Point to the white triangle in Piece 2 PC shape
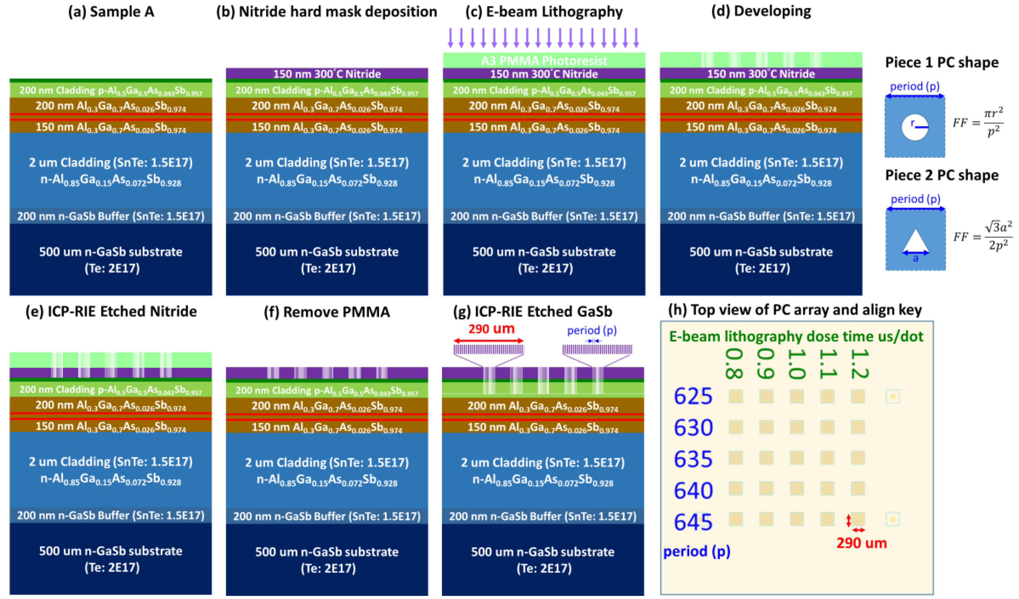coord(915,241)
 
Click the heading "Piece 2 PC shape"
coord(941,175)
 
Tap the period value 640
coord(693,490)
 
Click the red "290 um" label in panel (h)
coord(861,543)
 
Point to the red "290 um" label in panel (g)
coord(491,328)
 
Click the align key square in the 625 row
coord(892,396)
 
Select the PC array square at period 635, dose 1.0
coord(797,458)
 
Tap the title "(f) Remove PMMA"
coord(327,312)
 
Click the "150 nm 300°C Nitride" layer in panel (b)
coord(327,74)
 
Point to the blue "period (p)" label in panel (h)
coord(697,551)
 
